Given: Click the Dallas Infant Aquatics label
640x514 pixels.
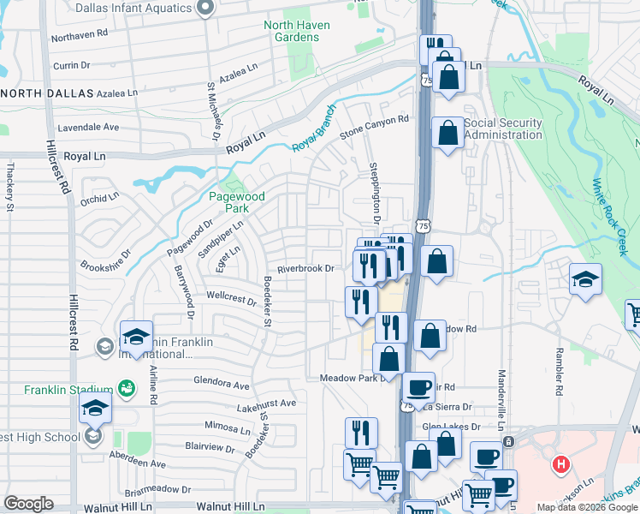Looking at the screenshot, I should pos(133,9).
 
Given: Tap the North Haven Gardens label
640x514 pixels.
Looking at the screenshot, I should pos(297,31).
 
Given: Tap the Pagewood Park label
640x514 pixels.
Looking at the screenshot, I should pos(237,202).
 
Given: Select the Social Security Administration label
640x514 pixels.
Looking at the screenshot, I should pos(503,128).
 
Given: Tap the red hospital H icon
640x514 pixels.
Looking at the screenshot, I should pos(560,465).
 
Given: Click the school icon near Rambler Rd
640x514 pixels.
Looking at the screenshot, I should pos(586,279).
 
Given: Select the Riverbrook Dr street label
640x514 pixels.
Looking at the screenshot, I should pos(311,267).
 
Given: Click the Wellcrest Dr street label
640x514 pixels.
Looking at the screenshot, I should pos(232,301).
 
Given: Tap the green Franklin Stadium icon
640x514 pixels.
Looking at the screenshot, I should pos(127,388).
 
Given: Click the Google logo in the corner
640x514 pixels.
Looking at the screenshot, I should pos(28,503).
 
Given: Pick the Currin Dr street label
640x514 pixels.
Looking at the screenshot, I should pos(71,65).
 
